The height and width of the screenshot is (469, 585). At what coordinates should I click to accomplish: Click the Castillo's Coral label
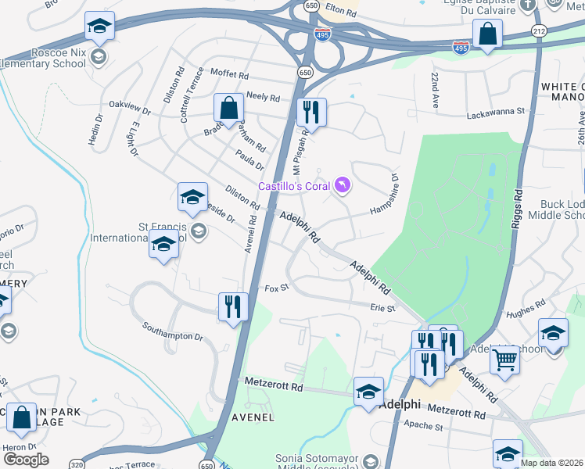pyautogui.click(x=296, y=186)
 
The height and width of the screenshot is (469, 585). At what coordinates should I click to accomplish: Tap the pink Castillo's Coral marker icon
pyautogui.click(x=343, y=185)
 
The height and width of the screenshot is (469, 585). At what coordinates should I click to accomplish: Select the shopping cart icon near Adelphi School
pyautogui.click(x=505, y=360)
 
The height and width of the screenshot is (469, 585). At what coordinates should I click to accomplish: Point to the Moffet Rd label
pyautogui.click(x=229, y=76)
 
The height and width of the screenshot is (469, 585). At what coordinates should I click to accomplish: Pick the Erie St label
pyautogui.click(x=382, y=309)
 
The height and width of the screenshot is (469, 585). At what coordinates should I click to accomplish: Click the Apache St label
pyautogui.click(x=423, y=427)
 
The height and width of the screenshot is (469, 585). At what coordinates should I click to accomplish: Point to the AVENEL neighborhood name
pyautogui.click(x=253, y=417)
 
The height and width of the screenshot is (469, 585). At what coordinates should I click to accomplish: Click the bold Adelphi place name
pyautogui.click(x=400, y=406)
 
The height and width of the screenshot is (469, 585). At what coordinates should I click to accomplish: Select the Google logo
pyautogui.click(x=26, y=459)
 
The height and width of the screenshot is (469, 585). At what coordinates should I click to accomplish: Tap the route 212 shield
pyautogui.click(x=539, y=30)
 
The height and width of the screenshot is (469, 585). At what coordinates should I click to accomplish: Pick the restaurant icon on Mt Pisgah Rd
pyautogui.click(x=311, y=112)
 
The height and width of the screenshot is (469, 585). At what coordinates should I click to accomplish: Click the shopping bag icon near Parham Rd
pyautogui.click(x=229, y=108)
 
